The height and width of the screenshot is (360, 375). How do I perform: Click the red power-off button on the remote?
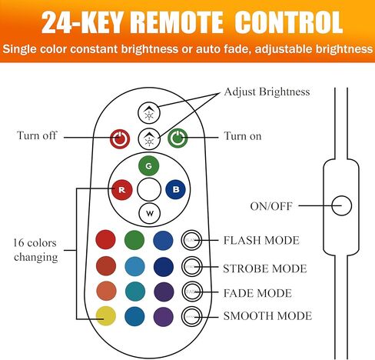(x=120, y=138)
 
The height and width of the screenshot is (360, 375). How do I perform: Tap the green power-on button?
(x=178, y=138)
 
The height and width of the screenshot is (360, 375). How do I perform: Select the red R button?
(x=122, y=190)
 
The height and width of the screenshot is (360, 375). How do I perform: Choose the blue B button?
(x=175, y=189)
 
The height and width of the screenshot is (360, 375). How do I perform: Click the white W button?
(x=150, y=213)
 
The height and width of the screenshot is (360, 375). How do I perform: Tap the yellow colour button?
(x=106, y=316)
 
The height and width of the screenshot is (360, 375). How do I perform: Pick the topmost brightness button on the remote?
(x=149, y=113)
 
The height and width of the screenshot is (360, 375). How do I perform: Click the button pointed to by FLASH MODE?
(x=191, y=240)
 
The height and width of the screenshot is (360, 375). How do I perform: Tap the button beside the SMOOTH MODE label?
(x=191, y=316)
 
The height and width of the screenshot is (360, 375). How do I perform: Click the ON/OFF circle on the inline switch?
(x=341, y=205)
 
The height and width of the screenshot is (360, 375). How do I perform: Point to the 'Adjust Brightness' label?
(x=267, y=92)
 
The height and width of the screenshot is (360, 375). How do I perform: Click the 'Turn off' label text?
(x=37, y=135)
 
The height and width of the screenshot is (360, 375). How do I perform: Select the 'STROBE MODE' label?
(x=265, y=268)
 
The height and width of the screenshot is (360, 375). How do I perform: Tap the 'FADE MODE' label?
(x=257, y=293)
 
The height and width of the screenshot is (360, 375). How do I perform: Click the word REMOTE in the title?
(x=178, y=22)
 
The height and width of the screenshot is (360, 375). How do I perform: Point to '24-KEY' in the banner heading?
(x=85, y=22)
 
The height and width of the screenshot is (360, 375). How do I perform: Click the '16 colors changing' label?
(x=35, y=250)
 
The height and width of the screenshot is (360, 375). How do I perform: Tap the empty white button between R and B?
(x=149, y=189)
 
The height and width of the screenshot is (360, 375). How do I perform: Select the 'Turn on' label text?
(x=243, y=136)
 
